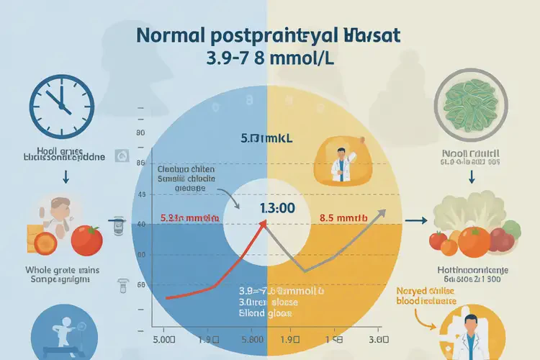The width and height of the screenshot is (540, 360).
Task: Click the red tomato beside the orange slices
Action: coord(86,240)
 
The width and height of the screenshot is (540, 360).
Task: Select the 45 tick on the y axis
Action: coord(141,195)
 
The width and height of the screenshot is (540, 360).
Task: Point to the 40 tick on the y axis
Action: coord(141,225)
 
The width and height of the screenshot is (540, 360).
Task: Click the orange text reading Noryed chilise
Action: coord(427,293)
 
